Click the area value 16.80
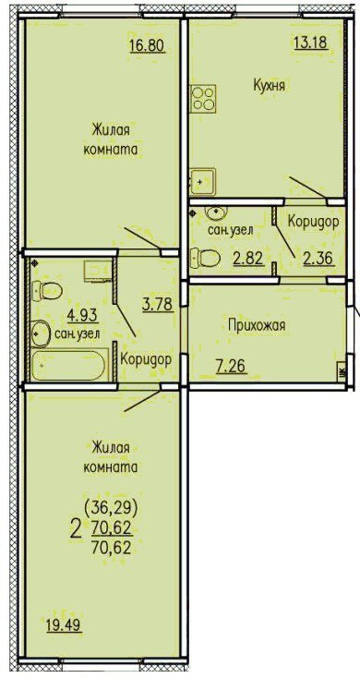point(148,45)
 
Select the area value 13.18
point(311,42)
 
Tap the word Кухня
point(269,86)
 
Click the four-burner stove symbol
point(204,99)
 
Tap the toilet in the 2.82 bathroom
point(205,259)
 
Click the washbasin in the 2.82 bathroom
point(214,212)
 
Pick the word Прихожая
point(257,325)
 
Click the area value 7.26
point(231,367)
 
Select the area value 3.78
point(158,305)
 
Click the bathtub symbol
point(68,366)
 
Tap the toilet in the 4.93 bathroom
point(47,291)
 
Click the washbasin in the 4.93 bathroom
point(40,333)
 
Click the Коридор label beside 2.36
point(313,222)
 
